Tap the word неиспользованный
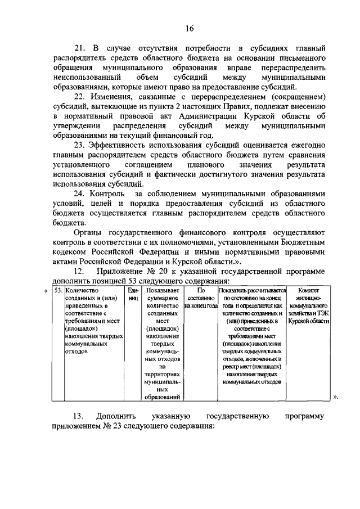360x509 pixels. coord(85,77)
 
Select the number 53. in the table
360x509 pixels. coord(58,291)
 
